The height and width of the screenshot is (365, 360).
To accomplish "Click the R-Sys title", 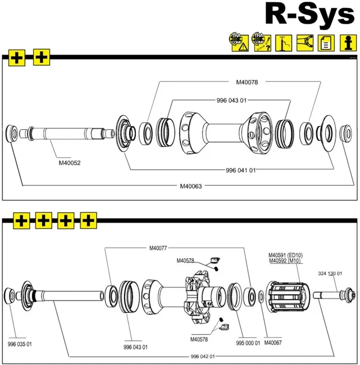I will [x=309, y=15].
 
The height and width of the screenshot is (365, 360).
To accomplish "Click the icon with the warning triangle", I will [x=239, y=42].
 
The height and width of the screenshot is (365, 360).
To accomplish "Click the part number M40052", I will [x=70, y=163].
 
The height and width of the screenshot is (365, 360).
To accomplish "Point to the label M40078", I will [x=247, y=83].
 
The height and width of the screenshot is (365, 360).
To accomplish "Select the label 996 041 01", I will [x=240, y=170].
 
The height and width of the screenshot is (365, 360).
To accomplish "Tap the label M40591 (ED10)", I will [x=287, y=254].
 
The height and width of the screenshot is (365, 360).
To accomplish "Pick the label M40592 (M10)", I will [x=286, y=261].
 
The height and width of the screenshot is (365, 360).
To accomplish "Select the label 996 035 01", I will [x=20, y=344].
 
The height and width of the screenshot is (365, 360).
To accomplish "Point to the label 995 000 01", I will [x=248, y=343].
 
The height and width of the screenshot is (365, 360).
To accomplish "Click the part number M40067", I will [x=273, y=343].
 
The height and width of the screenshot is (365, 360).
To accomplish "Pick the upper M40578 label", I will [x=185, y=261].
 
